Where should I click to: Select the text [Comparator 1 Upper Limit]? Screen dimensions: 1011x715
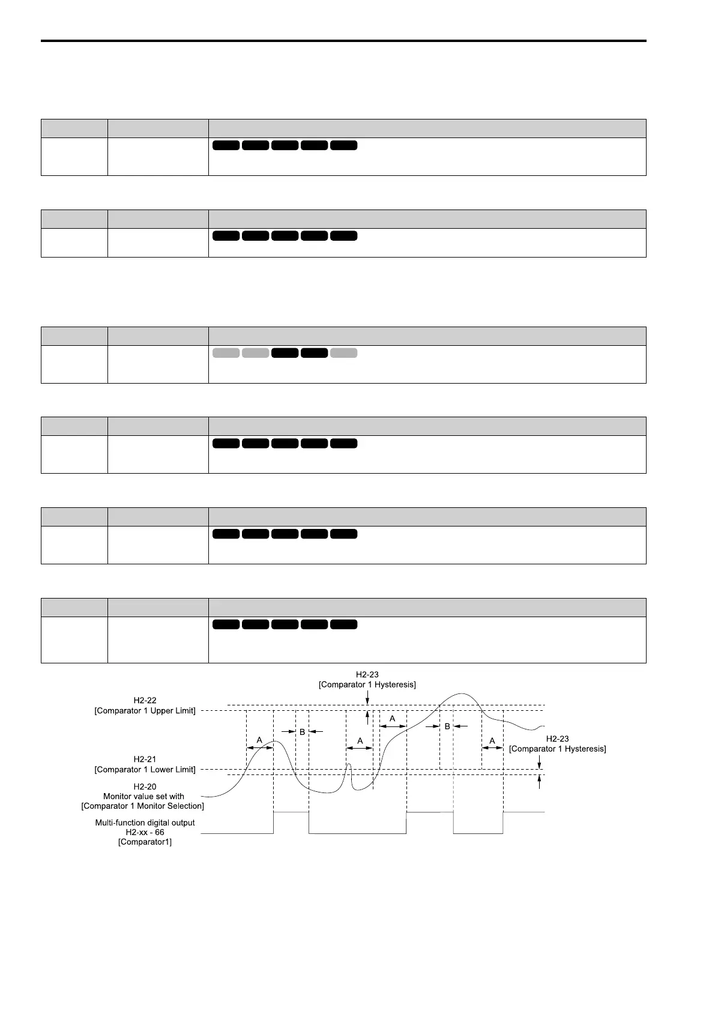tap(145, 711)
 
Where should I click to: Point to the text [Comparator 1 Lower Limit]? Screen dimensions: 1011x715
tap(145, 770)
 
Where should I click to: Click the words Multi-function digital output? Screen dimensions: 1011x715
tap(145, 822)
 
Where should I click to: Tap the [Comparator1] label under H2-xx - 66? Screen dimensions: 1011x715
tap(145, 842)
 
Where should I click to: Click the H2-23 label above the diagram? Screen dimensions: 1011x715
tap(367, 675)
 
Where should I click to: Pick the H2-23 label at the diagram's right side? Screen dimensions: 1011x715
tap(557, 739)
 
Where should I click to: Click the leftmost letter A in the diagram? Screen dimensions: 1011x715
tap(259, 740)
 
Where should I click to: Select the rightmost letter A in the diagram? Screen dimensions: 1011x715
tap(492, 741)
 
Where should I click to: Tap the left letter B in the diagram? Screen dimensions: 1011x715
tap(303, 732)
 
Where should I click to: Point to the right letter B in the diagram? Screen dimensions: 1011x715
tap(447, 726)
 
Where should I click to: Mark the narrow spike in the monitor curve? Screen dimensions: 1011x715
tap(349, 764)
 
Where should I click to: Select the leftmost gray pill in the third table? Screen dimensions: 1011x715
tap(226, 353)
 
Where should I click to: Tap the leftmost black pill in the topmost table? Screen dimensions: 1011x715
tap(226, 145)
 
